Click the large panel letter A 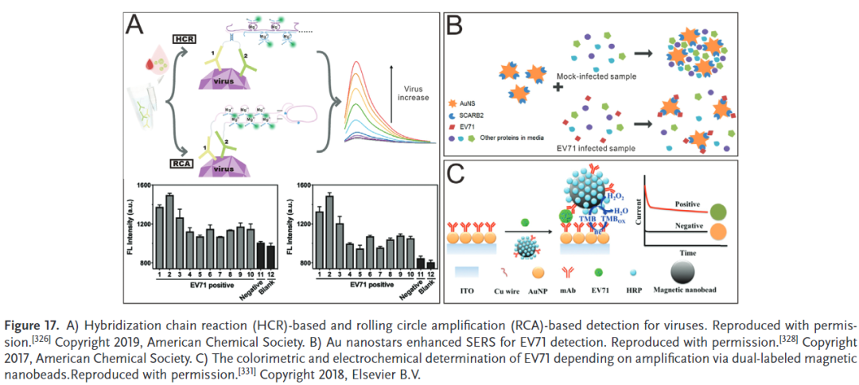tap(136, 29)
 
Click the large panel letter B tap(456, 26)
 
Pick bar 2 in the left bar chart tap(169, 231)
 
